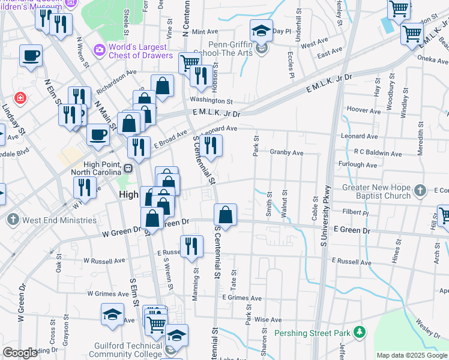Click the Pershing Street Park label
(312, 333)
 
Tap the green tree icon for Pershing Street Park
(360, 331)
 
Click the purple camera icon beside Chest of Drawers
(100, 49)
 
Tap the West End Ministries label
(59, 220)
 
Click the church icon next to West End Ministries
(13, 220)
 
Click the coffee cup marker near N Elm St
(31, 56)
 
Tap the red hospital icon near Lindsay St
(21, 97)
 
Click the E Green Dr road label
(352, 230)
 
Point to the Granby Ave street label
(286, 152)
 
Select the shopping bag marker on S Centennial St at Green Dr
(225, 215)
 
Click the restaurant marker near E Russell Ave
(191, 247)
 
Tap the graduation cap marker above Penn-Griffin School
(261, 30)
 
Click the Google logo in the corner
(20, 353)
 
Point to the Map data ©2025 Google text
(411, 355)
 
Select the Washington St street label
(211, 101)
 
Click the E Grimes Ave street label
(242, 298)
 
